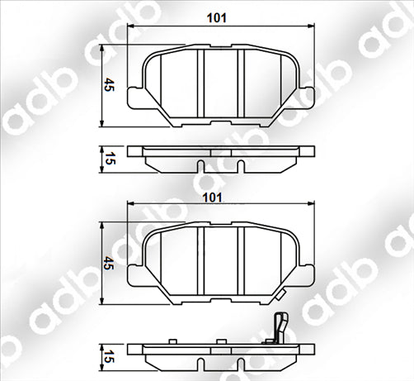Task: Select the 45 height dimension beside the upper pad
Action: pyautogui.click(x=109, y=85)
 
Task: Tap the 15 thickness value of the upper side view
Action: pyautogui.click(x=109, y=158)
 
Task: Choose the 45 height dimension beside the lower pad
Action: pyautogui.click(x=109, y=264)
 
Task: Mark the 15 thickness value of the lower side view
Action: pyautogui.click(x=109, y=356)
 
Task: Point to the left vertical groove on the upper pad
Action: pyautogui.click(x=202, y=83)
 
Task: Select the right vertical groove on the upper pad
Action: pyautogui.click(x=238, y=83)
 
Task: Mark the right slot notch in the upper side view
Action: pyautogui.click(x=239, y=166)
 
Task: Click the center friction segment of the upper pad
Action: pyautogui.click(x=220, y=83)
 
